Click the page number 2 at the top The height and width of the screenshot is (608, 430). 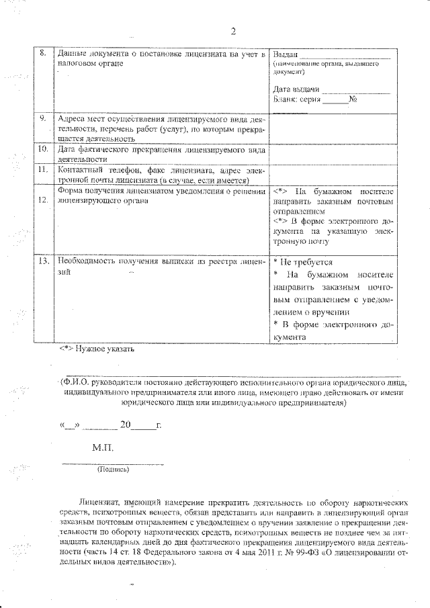coord(232,31)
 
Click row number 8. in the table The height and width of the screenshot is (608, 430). coord(42,53)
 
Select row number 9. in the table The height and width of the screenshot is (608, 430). coord(42,118)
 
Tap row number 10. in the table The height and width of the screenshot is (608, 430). coord(42,148)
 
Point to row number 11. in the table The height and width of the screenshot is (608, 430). coord(42,170)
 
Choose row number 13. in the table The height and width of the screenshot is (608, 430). coord(42,261)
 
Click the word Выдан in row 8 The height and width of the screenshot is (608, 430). coord(285,54)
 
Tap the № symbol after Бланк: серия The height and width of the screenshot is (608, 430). coord(352,100)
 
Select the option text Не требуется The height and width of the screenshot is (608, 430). coord(306,262)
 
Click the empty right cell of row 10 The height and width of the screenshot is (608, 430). coord(333,154)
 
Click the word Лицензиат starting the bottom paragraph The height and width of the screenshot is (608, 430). coord(99,502)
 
